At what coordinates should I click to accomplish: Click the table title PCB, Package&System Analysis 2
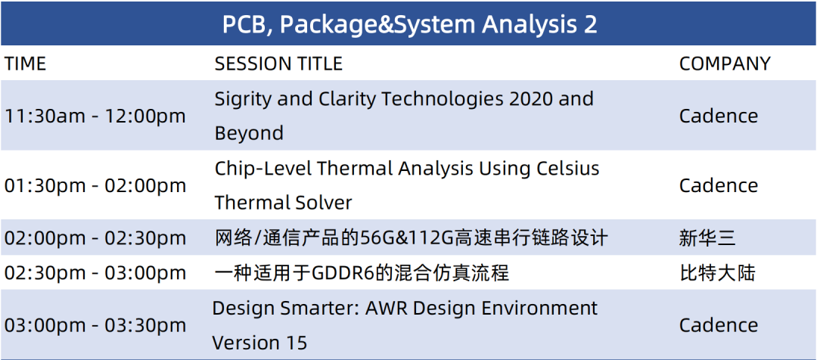click(x=409, y=24)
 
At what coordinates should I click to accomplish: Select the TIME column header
click(x=25, y=64)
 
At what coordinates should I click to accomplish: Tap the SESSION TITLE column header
click(x=278, y=64)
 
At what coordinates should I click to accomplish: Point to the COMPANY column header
click(x=724, y=64)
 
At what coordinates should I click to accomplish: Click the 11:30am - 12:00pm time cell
click(x=95, y=116)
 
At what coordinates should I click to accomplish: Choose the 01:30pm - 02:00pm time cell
click(x=95, y=185)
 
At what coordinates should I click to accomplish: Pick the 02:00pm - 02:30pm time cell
click(x=95, y=238)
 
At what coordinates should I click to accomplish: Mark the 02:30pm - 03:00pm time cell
click(x=95, y=273)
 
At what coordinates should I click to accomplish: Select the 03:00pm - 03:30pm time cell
click(x=95, y=325)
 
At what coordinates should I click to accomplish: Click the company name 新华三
click(x=707, y=238)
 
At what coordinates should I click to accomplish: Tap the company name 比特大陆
click(x=717, y=273)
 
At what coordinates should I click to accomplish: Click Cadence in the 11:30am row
click(x=719, y=116)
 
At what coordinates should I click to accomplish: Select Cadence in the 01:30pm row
click(x=719, y=185)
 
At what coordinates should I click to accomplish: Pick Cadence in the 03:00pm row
click(x=719, y=325)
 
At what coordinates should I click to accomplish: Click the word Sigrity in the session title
click(x=243, y=100)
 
